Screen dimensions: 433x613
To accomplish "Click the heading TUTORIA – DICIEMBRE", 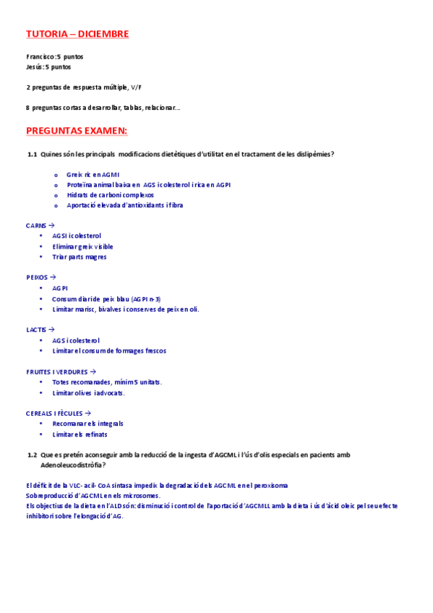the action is tap(77, 33).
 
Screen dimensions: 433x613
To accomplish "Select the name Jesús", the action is tap(34, 67).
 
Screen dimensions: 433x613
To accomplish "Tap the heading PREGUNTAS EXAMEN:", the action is tap(76, 130).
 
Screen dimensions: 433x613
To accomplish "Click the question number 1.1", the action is tap(32, 154).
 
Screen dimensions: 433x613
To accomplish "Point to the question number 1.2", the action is tap(32, 455).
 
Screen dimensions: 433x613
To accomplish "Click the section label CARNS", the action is tap(35, 226).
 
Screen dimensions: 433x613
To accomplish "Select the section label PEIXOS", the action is tap(37, 277).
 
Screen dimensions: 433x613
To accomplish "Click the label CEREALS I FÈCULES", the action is tap(56, 413).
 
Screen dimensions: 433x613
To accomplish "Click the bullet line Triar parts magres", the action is tap(80, 257).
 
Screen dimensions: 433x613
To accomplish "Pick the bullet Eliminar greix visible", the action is tap(83, 247).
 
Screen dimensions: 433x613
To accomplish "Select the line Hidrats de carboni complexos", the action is tap(110, 195).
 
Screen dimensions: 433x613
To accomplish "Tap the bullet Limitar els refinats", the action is tap(80, 434).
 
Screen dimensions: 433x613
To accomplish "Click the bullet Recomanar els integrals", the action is tap(87, 424).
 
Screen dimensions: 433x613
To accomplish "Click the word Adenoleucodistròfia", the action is tap(72, 465).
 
